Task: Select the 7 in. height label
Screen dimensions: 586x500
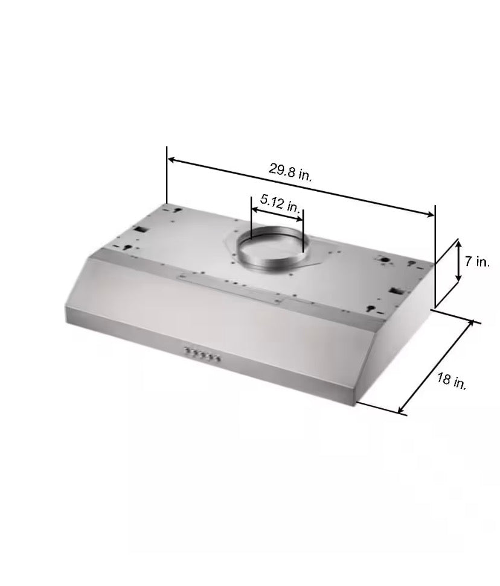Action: tap(477, 262)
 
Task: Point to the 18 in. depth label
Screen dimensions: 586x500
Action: tap(451, 382)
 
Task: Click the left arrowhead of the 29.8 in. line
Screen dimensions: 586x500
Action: tap(171, 160)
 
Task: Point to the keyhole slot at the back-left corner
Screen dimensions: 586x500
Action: tap(179, 209)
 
